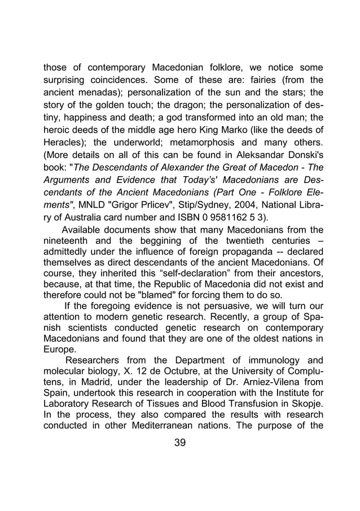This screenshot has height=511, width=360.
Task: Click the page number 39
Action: [179, 442]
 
